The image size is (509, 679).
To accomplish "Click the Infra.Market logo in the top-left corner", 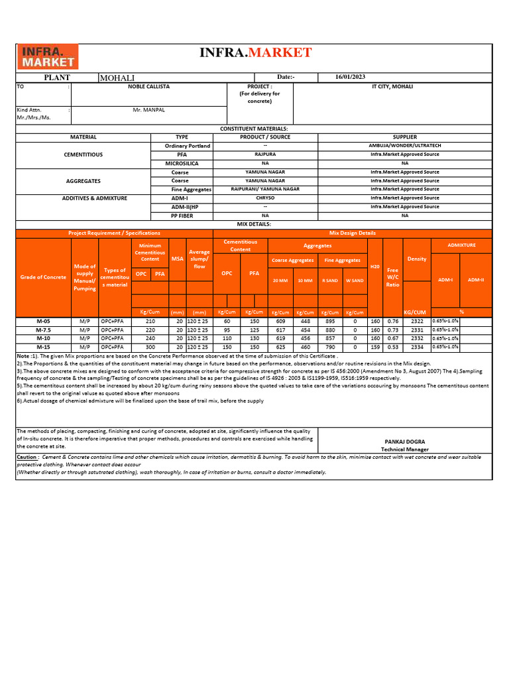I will [47, 57].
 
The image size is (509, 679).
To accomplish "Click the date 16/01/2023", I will [351, 77].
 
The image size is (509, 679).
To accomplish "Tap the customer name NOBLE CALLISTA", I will [148, 87].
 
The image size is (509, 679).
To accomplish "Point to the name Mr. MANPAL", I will [148, 109].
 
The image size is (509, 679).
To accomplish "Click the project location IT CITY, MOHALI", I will [392, 87].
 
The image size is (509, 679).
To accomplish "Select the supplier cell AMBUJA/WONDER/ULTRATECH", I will [405, 145].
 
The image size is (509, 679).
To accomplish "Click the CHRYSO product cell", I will [265, 198].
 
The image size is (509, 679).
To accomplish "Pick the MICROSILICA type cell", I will [182, 162].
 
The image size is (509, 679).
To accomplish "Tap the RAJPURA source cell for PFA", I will [265, 154].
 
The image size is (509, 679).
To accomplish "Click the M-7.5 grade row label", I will [43, 330].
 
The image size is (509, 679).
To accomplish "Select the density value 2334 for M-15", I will [417, 347].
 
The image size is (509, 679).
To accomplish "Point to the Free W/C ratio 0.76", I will [393, 321].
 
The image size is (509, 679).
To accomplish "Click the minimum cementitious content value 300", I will [150, 347].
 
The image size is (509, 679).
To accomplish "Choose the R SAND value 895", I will [329, 321].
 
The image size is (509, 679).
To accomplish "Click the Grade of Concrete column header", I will [43, 277].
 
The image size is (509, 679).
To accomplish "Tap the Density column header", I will [417, 259].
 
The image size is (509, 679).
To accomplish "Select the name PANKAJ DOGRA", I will [405, 441].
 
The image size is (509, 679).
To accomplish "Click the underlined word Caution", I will [27, 457].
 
